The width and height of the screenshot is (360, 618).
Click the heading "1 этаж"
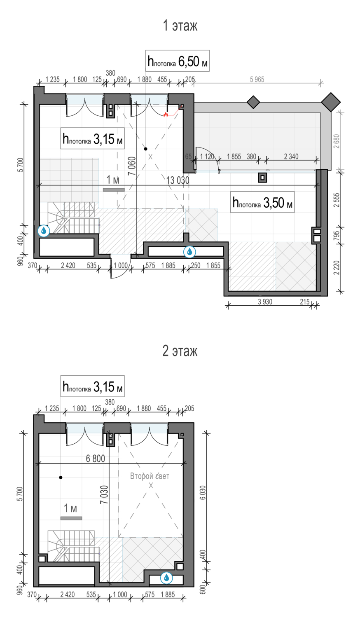click(180, 26)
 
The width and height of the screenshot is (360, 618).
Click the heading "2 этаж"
click(180, 351)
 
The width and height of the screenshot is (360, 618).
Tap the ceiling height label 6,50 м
click(178, 61)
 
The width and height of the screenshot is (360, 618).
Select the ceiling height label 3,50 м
click(262, 202)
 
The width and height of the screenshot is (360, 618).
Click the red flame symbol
click(166, 115)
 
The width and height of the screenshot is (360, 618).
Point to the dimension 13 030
click(178, 180)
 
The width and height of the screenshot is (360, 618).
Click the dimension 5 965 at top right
click(257, 80)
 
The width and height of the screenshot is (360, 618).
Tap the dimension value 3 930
click(265, 302)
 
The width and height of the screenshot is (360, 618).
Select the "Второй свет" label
click(150, 476)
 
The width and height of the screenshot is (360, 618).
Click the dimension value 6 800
click(96, 459)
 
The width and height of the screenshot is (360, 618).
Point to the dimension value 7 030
click(104, 495)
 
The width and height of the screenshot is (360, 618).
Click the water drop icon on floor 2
click(166, 578)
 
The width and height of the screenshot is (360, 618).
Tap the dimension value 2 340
click(291, 157)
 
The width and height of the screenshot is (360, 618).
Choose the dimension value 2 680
click(337, 141)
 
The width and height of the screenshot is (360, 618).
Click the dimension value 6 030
click(203, 492)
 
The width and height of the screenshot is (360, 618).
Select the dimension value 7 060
click(132, 166)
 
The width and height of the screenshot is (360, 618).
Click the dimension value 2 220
click(337, 268)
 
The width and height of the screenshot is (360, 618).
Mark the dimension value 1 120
click(207, 157)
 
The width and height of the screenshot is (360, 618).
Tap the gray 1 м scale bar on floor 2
click(71, 518)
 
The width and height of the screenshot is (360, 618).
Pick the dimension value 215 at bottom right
click(305, 302)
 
